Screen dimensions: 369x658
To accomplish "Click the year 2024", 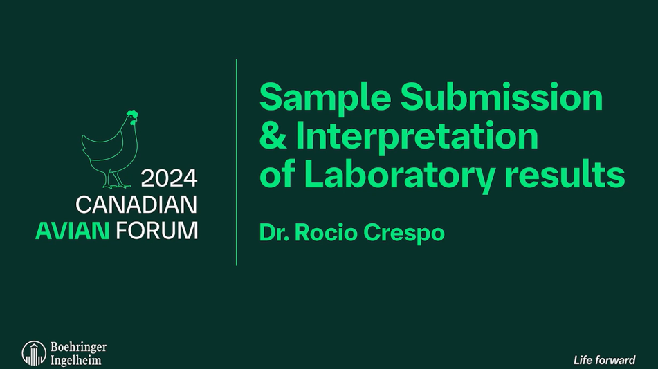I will coord(170,179).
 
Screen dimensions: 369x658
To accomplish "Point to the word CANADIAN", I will coord(136,205).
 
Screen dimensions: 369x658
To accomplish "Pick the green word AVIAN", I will coord(72,230).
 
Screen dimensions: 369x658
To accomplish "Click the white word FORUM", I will coord(156,230).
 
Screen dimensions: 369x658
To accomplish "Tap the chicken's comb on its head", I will coord(132,114).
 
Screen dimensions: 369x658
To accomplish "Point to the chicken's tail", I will coord(86,142).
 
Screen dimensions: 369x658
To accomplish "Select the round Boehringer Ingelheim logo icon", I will coord(33,352).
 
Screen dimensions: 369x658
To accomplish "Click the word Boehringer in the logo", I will coord(78,347).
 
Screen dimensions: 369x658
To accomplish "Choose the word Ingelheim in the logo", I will coord(75,359).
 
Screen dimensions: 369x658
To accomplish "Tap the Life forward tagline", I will coord(604,360).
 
